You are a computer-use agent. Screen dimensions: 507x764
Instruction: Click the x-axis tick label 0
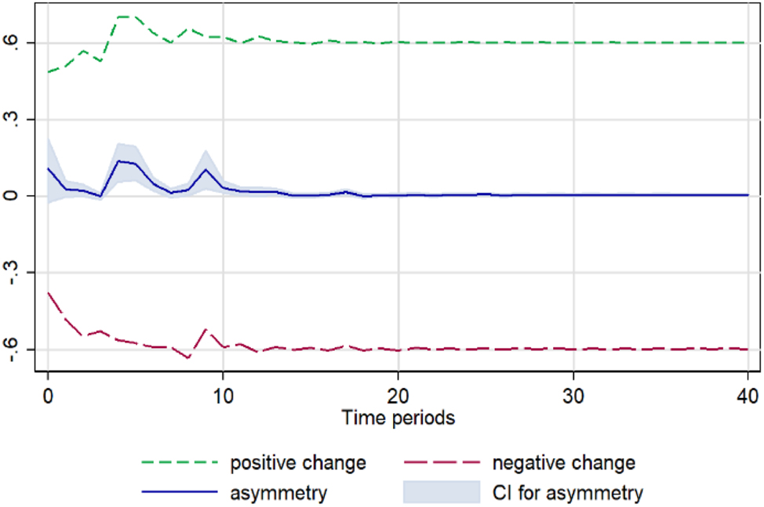[48, 392]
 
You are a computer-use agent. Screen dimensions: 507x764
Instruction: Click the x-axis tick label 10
[223, 392]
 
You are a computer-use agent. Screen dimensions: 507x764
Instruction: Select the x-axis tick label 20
[398, 392]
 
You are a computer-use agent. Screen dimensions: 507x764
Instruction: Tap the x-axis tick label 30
[573, 392]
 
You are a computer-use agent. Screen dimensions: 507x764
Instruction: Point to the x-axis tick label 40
[747, 392]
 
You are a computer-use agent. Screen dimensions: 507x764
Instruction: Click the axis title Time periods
[398, 418]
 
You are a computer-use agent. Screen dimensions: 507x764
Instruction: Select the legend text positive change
[297, 463]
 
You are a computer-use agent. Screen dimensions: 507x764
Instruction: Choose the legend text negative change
[563, 463]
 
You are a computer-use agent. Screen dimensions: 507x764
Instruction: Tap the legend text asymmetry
[278, 493]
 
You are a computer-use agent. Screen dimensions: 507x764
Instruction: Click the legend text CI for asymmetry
[567, 493]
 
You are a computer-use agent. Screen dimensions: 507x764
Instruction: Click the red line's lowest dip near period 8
[188, 358]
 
